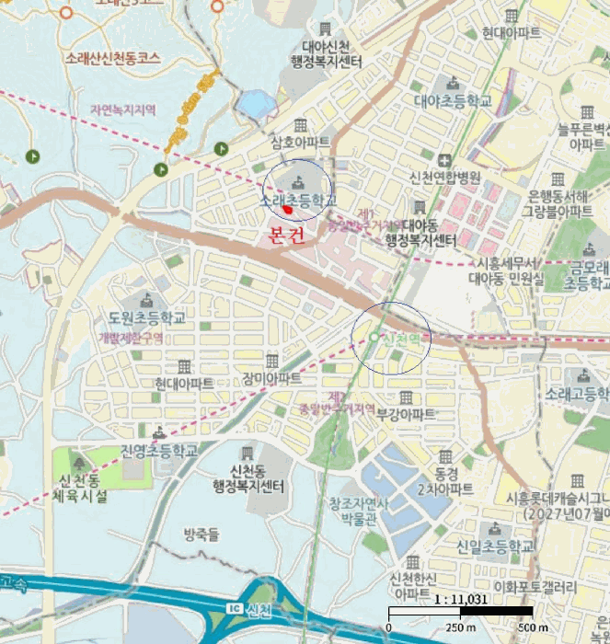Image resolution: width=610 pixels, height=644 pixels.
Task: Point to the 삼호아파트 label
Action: click(x=300, y=143)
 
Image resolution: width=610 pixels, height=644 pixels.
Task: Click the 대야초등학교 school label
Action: click(x=453, y=100)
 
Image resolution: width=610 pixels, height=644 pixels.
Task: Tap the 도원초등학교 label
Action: click(x=146, y=317)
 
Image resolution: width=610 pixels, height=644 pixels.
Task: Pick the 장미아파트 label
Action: click(x=271, y=378)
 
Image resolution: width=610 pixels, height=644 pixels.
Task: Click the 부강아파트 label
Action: click(x=406, y=414)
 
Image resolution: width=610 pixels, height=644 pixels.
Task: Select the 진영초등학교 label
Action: click(x=159, y=451)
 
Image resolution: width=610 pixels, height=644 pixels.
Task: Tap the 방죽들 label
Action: click(x=201, y=534)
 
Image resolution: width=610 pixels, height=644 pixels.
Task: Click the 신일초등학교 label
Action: click(x=495, y=546)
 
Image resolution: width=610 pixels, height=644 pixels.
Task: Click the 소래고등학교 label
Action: click(x=577, y=394)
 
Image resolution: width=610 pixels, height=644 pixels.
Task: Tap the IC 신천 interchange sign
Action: click(x=249, y=610)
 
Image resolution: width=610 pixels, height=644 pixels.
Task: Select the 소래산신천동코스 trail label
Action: click(x=113, y=57)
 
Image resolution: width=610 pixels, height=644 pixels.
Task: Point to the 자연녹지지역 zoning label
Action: click(x=122, y=109)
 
